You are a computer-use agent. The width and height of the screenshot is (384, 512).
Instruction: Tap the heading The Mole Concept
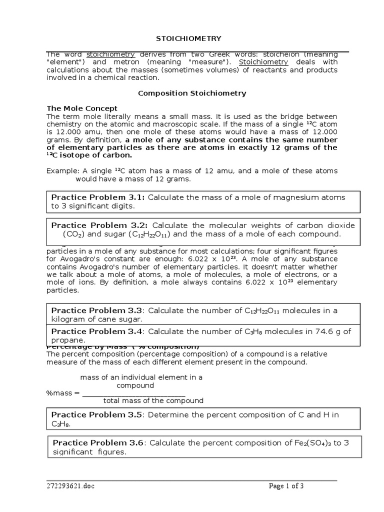click(82, 108)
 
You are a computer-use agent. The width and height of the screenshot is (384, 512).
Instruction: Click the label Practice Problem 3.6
click(98, 442)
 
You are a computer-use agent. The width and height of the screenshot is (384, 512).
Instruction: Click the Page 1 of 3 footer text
click(286, 485)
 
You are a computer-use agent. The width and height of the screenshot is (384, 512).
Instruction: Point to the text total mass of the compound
click(153, 400)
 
